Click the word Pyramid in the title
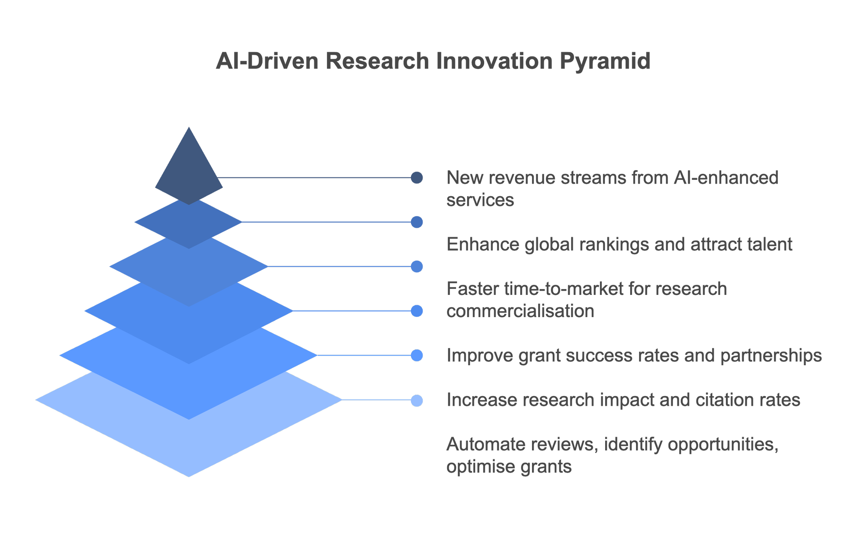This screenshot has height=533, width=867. [x=605, y=61]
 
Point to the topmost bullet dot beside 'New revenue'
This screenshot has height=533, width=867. [x=417, y=178]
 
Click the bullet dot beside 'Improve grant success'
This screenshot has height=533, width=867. [x=417, y=355]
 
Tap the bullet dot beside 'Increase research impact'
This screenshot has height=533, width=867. [x=417, y=401]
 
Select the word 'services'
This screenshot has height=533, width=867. [x=480, y=200]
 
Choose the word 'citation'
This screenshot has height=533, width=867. [x=725, y=400]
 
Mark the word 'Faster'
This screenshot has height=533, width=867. [x=473, y=289]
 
